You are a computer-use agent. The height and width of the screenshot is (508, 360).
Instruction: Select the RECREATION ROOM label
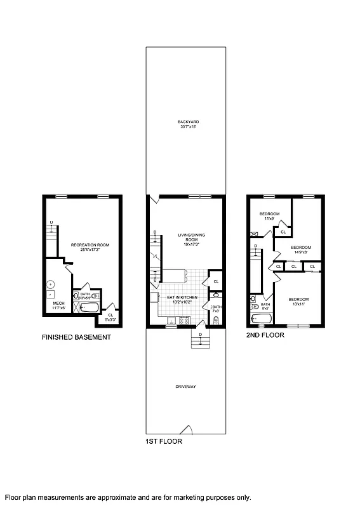(88, 246)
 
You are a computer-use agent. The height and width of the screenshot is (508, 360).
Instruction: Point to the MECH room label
(59, 305)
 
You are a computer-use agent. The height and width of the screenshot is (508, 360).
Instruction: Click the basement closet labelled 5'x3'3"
(110, 316)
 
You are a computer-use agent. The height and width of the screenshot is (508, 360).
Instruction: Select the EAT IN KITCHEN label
(183, 299)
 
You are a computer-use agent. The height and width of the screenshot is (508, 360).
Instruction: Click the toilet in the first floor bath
(217, 320)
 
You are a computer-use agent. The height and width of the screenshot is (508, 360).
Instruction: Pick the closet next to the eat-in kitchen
(216, 281)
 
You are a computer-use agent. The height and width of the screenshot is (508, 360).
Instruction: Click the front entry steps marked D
(200, 341)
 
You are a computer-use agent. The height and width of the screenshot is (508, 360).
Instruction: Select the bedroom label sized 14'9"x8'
(300, 250)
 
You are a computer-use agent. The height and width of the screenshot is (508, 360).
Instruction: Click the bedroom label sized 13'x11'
(298, 302)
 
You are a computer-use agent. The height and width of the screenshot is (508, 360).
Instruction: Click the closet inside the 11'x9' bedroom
(283, 232)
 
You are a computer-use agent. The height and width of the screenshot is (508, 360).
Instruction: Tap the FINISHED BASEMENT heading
(76, 338)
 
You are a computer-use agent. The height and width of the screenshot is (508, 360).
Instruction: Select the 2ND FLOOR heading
(265, 335)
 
